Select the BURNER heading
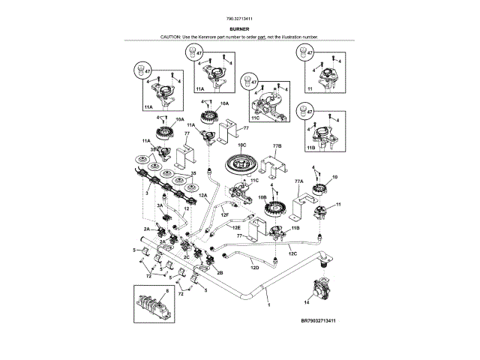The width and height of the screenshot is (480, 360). point(240,28)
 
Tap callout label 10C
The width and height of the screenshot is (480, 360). point(241,144)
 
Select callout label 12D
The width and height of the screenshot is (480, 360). point(254,267)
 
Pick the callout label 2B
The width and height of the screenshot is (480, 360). point(220,273)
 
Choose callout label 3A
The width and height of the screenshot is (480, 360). point(160,205)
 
